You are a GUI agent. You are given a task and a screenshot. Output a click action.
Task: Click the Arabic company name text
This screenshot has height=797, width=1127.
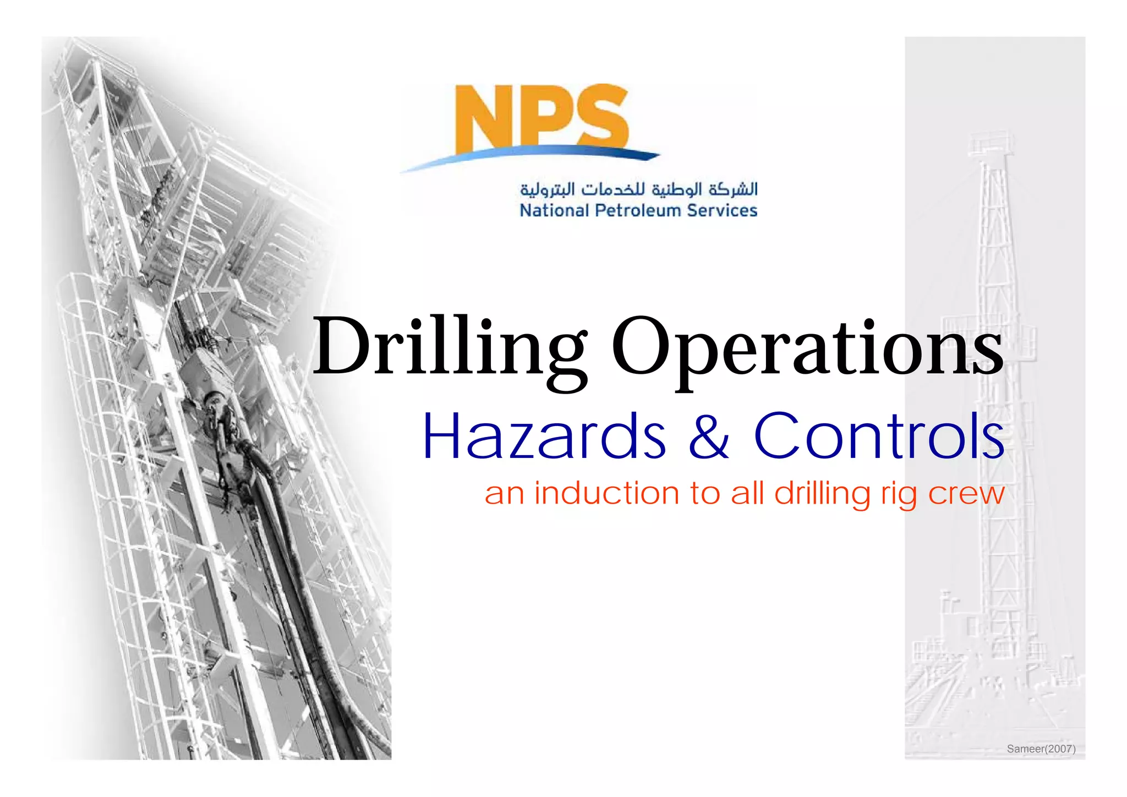(x=638, y=189)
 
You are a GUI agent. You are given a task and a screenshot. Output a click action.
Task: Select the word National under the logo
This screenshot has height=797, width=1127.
(x=554, y=211)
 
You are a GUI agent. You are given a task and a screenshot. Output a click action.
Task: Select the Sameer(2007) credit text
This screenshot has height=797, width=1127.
(x=1041, y=749)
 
